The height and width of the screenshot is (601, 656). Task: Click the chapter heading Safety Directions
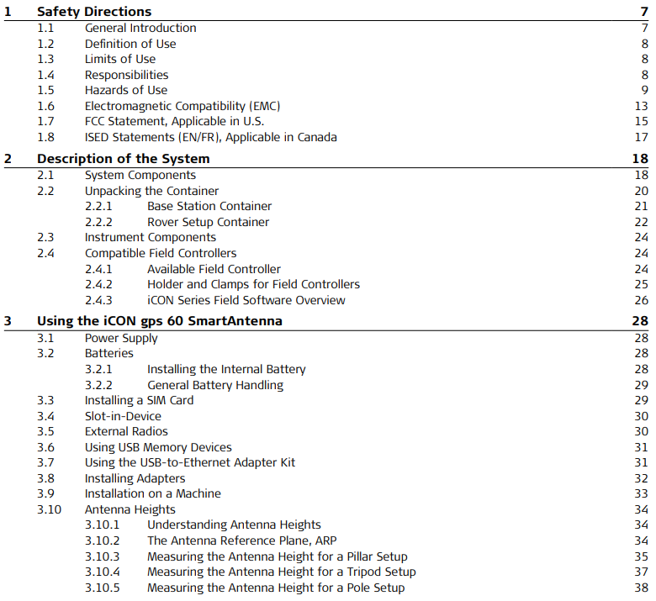click(94, 12)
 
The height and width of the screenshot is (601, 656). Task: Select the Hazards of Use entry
click(126, 91)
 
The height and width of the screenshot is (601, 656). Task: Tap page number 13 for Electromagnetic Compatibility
click(641, 106)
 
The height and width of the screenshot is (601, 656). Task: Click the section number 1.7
click(45, 122)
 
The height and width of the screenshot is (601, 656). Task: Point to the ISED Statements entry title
click(210, 137)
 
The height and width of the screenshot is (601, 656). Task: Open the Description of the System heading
click(123, 159)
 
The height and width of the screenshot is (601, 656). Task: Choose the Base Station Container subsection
click(209, 207)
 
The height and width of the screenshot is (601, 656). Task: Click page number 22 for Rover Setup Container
click(641, 222)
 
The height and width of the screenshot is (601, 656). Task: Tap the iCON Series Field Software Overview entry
click(246, 300)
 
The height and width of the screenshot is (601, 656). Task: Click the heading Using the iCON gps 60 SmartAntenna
click(160, 322)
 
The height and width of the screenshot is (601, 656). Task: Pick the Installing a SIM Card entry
click(139, 401)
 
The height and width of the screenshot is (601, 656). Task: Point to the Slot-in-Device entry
click(123, 416)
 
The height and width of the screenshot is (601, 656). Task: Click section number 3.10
click(49, 509)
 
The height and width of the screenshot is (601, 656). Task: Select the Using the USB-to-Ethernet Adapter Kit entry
click(190, 463)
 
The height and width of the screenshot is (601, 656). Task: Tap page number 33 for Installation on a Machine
click(641, 494)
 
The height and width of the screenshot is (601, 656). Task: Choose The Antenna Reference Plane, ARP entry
click(242, 540)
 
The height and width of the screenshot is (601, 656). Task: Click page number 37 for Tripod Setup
click(641, 572)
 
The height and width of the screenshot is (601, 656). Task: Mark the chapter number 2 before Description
click(8, 159)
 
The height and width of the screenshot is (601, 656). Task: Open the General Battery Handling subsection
click(215, 385)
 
